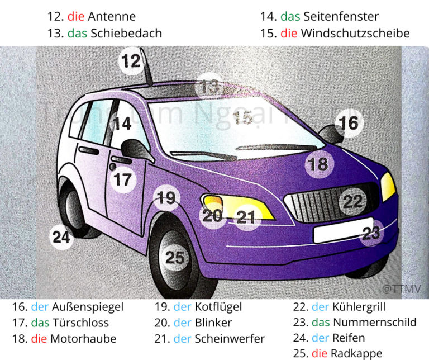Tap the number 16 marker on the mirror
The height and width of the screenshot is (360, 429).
click(349, 123)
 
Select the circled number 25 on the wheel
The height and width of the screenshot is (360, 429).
click(175, 258)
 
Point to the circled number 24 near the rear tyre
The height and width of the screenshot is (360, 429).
click(61, 237)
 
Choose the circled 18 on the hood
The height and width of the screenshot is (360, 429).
click(318, 164)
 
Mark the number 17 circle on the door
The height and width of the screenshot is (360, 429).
click(123, 179)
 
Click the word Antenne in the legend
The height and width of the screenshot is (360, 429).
click(112, 17)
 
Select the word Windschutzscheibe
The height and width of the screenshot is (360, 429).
click(355, 33)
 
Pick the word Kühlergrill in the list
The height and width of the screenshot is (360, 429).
click(359, 307)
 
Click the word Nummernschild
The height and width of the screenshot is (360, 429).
click(374, 323)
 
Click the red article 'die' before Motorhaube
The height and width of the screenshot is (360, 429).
click(39, 339)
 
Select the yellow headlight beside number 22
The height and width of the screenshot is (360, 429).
click(388, 186)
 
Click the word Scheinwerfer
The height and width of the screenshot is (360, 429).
click(230, 339)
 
